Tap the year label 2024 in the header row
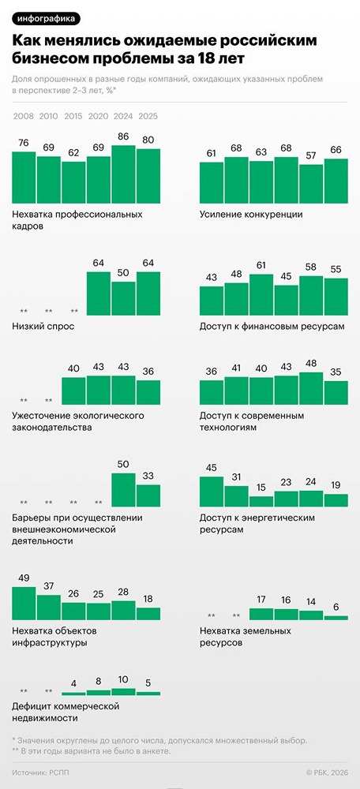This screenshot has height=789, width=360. (123, 117)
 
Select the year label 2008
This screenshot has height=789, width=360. (23, 117)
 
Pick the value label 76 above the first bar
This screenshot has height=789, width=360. (24, 143)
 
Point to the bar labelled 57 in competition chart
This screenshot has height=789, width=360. (311, 184)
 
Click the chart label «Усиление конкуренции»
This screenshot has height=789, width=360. (251, 214)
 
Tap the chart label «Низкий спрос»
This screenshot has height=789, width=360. (43, 326)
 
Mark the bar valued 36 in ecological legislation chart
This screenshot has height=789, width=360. (148, 392)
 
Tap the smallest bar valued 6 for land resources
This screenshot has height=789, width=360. (336, 617)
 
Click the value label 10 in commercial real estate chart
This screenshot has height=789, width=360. (123, 679)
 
